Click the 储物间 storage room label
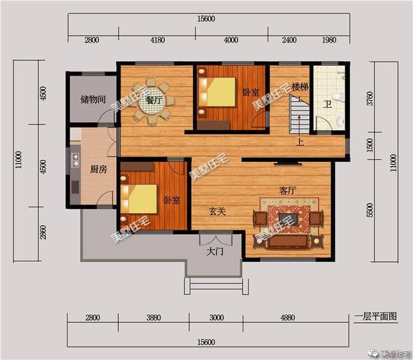pyautogui.click(x=93, y=99)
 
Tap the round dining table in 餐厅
pyautogui.click(x=152, y=101)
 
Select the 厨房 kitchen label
pyautogui.click(x=99, y=169)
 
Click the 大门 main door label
pyautogui.click(x=215, y=252)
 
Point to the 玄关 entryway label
pyautogui.click(x=217, y=211)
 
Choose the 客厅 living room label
pyautogui.click(x=288, y=190)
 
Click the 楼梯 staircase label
pyautogui.click(x=300, y=87)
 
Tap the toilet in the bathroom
pyautogui.click(x=337, y=97)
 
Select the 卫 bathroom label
pyautogui.click(x=327, y=105)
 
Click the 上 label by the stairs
pyautogui.click(x=299, y=142)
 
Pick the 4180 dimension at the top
pyautogui.click(x=157, y=40)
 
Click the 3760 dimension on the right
pyautogui.click(x=370, y=99)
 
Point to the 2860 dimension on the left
pyautogui.click(x=43, y=232)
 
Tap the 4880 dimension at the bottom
pyautogui.click(x=287, y=317)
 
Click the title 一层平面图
pyautogui.click(x=376, y=316)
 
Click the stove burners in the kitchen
pyautogui.click(x=76, y=160)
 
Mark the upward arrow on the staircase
pyautogui.click(x=299, y=124)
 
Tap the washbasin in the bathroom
pyautogui.click(x=339, y=121)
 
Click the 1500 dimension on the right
pyautogui.click(x=370, y=145)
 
